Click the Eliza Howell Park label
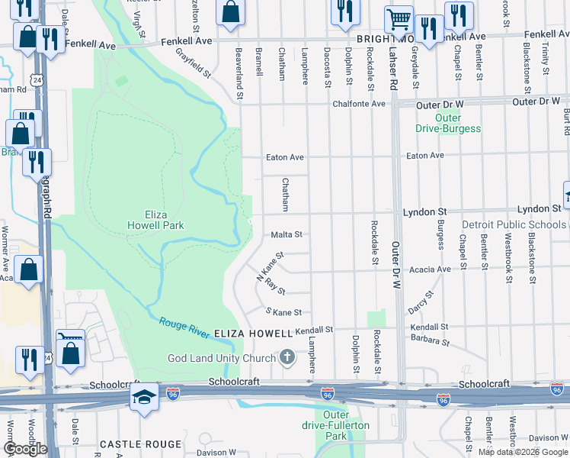coord(155,220)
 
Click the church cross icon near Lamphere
coord(287,357)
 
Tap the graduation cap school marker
coord(144,398)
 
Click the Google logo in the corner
coord(25,449)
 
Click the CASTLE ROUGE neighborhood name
coord(141,443)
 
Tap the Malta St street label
coord(287,235)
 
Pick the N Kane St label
coord(271,266)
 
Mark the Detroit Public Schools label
coord(514,225)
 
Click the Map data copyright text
coord(523,452)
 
